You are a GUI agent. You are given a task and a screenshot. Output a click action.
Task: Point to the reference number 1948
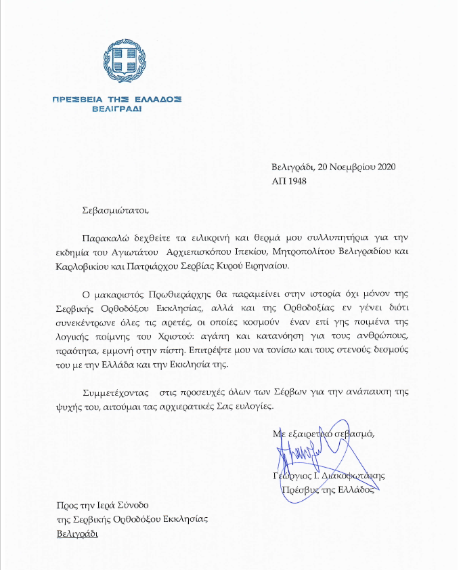pos(298,181)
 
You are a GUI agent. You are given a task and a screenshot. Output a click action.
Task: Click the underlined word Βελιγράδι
pos(76,533)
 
